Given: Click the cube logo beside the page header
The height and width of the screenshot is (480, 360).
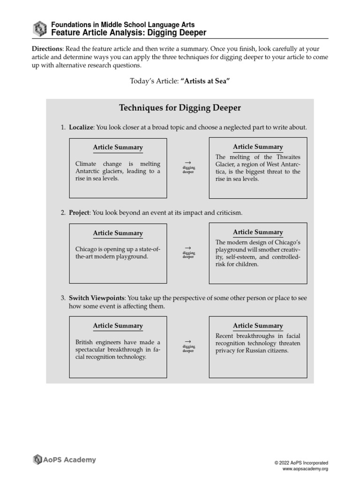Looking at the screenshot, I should tap(40, 29).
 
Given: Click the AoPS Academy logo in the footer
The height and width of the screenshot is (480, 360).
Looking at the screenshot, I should tap(64, 460).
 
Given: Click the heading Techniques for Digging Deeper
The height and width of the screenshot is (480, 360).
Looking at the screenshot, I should tap(180, 108).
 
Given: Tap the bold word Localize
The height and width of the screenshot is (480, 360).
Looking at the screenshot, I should tap(81, 127).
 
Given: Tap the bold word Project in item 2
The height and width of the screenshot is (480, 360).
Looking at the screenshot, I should tap(79, 213).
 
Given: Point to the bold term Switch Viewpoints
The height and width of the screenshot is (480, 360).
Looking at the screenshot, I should tap(97, 298).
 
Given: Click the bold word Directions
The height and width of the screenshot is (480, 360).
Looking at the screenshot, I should tap(47, 49).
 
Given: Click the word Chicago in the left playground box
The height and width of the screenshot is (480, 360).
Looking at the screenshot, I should tap(86, 249).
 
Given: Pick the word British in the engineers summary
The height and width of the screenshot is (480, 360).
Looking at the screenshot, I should tap(85, 342).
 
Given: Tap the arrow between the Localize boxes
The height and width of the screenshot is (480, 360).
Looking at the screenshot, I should tap(188, 162).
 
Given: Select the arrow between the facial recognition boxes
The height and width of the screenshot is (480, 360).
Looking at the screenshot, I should tap(188, 341).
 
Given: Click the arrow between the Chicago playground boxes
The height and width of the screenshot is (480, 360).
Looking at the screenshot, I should tap(188, 247).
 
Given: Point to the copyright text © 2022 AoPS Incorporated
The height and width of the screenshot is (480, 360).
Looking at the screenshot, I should tap(301, 463).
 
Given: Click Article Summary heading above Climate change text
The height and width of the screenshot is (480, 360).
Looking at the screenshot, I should tap(118, 148).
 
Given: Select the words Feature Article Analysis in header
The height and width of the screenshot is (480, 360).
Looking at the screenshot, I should tap(97, 32).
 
